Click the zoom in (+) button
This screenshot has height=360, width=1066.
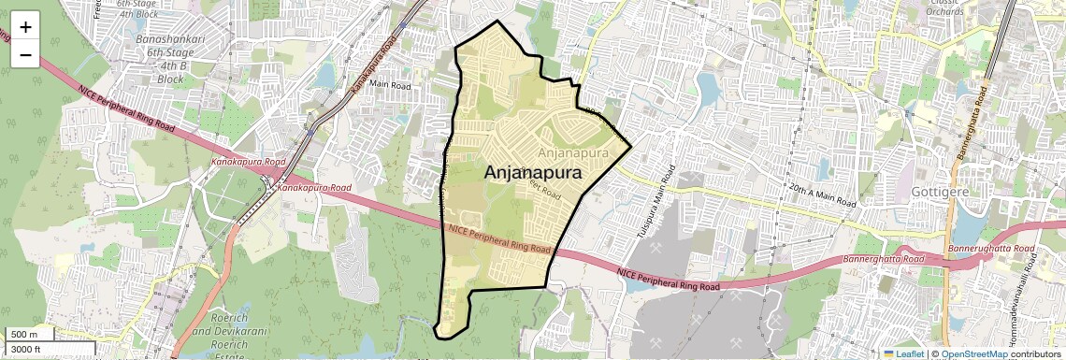[25, 26]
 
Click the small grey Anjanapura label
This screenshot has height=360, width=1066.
[574, 151]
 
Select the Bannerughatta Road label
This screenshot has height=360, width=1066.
[992, 250]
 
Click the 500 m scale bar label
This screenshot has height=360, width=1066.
[24, 335]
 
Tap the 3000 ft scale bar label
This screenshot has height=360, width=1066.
[27, 349]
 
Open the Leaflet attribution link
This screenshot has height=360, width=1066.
[904, 353]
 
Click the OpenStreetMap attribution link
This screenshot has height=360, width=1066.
[973, 353]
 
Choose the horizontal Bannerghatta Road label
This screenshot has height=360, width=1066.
[884, 258]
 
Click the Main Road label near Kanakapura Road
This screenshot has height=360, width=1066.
[390, 84]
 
